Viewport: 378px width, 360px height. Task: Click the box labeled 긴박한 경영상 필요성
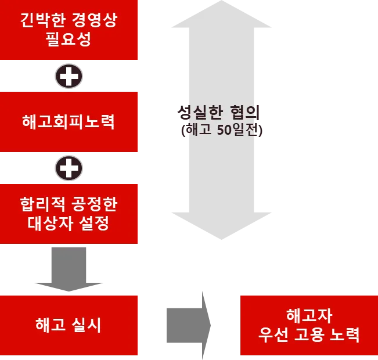point(69,30)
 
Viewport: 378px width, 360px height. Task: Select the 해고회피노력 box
point(69,122)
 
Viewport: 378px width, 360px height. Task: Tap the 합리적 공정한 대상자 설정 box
point(69,214)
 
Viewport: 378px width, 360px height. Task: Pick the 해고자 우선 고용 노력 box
point(308,325)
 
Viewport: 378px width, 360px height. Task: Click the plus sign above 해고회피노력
point(69,76)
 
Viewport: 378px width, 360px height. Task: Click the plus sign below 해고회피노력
point(69,168)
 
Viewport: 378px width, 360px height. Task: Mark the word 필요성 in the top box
point(69,40)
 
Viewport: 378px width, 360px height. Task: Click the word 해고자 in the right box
point(308,316)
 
